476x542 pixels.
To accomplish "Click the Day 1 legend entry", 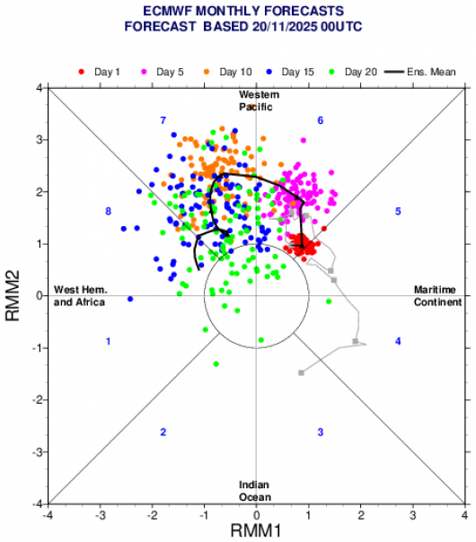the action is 99,72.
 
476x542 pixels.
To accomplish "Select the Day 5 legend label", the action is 163,72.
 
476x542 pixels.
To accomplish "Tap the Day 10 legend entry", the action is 227,72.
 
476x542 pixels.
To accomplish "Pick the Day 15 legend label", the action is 290,72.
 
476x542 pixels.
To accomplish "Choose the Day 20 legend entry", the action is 353,72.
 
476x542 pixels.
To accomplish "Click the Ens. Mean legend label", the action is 431,72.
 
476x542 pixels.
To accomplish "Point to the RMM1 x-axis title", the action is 256,530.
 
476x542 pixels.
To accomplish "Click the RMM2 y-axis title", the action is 13,295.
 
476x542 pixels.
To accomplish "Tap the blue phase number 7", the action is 163,120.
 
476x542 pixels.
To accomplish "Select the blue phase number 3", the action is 321,433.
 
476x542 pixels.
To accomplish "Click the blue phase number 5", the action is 398,211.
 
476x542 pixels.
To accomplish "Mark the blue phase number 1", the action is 109,342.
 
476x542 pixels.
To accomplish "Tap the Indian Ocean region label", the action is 255,491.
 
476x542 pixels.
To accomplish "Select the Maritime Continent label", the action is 437,296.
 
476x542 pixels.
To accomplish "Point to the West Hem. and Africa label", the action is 80,296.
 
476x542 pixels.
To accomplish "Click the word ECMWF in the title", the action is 167,11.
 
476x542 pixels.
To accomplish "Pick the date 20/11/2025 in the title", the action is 285,27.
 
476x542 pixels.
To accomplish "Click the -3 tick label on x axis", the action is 100,516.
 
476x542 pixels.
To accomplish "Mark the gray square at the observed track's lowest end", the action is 301,372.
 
